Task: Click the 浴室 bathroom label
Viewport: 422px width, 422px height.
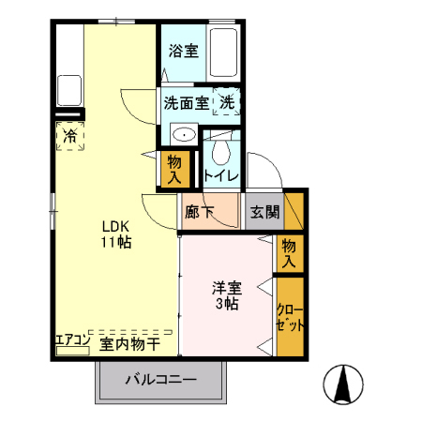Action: pos(183,52)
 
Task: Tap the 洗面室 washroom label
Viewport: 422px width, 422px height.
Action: pos(187,100)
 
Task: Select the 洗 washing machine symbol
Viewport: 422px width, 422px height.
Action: pos(227,100)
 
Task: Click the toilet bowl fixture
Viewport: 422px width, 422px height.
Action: pos(221,151)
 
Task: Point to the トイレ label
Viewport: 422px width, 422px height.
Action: pos(221,174)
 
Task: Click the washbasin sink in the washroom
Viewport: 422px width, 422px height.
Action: pos(184,134)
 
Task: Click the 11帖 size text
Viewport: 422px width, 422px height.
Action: pos(117,242)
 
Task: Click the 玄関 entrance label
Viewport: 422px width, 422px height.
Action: pos(264,212)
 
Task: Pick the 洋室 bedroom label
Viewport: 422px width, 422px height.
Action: pos(226,288)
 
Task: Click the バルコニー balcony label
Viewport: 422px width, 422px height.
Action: pos(162,382)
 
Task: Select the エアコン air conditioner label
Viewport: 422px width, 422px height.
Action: pos(71,338)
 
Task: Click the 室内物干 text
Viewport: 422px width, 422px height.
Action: pos(129,344)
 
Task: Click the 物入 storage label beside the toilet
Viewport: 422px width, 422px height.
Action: pos(174,168)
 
